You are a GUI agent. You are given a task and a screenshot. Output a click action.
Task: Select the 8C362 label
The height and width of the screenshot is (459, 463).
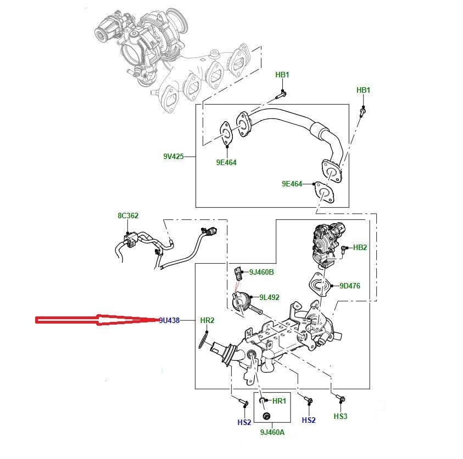coord(127,216)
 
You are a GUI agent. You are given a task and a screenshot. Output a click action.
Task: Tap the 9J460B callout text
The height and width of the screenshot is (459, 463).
coord(261,272)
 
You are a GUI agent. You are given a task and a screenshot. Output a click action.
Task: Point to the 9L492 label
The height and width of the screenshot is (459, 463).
coord(269,297)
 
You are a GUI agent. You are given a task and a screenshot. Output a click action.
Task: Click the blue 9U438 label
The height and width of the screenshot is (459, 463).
coord(170,320)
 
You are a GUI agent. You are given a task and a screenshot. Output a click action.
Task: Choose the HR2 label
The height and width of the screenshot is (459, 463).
coord(207,320)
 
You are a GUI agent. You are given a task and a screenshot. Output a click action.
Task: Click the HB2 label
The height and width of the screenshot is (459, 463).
coord(360,248)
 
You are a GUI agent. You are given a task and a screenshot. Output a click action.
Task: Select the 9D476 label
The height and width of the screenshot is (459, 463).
coord(349,285)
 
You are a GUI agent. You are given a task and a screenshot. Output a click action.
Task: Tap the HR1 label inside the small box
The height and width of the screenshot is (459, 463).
coord(279,401)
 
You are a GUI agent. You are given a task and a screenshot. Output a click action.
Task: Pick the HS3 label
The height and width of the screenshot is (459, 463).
coord(341,417)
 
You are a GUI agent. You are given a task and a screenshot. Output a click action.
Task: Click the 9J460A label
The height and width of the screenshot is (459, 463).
coord(272,433)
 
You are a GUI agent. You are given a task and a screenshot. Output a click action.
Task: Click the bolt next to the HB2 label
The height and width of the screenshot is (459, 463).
coord(345,249)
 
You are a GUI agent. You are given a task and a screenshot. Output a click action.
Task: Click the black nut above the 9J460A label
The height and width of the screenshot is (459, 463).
coord(266,415)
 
